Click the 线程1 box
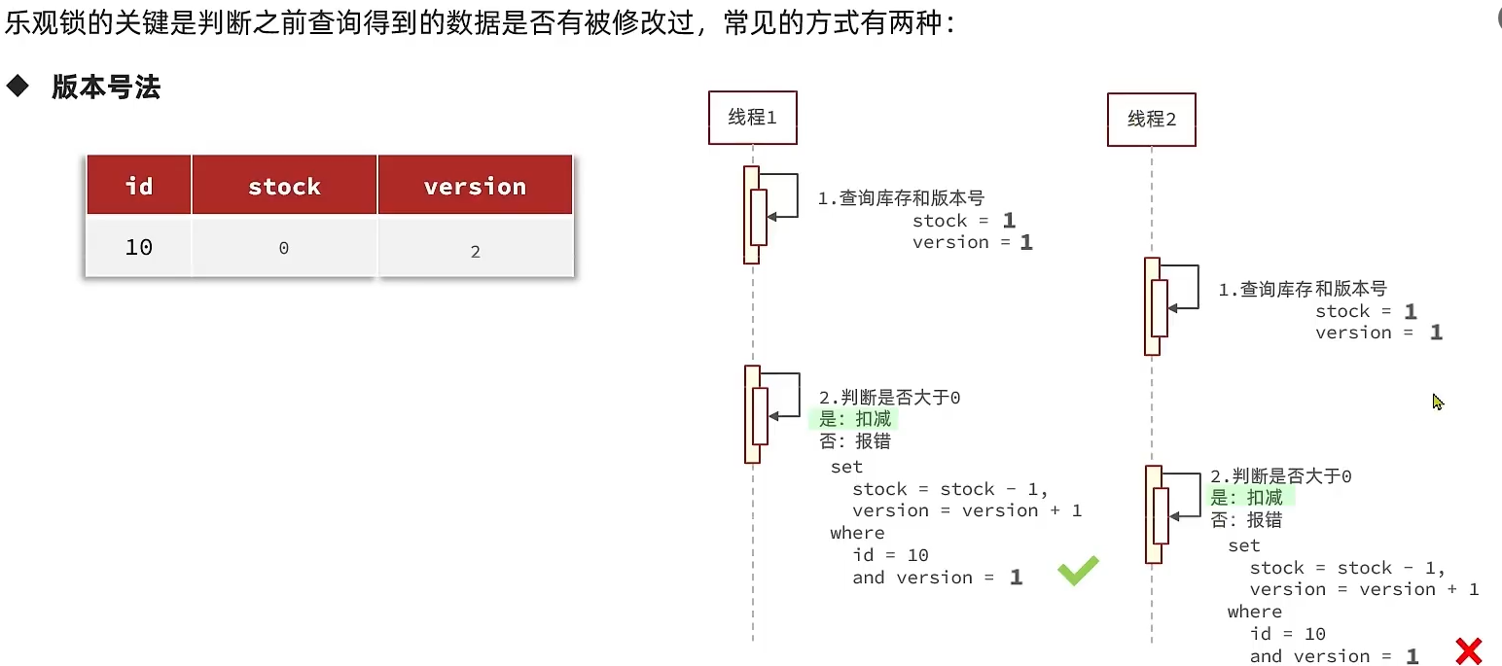click(x=752, y=118)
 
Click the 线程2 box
click(x=1151, y=120)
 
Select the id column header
click(x=139, y=186)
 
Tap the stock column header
click(x=284, y=186)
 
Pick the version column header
click(x=475, y=186)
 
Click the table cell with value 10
click(x=139, y=247)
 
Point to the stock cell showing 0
click(x=284, y=248)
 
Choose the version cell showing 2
click(x=475, y=251)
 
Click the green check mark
click(x=1078, y=570)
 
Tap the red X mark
click(x=1468, y=650)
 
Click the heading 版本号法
click(x=106, y=88)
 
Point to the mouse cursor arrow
click(x=1437, y=401)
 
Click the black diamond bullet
click(x=18, y=87)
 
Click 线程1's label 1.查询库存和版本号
click(x=901, y=198)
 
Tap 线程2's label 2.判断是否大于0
click(x=1280, y=476)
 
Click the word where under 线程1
click(x=857, y=533)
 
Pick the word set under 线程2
click(x=1243, y=545)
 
